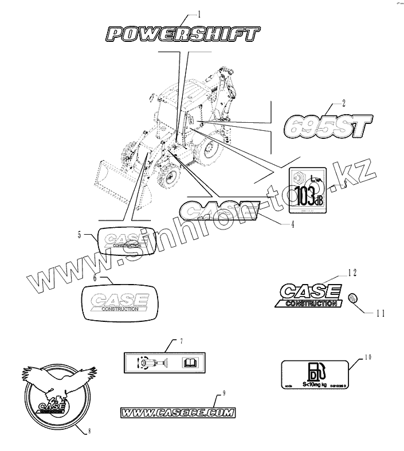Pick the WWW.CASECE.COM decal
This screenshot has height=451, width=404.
click(x=178, y=411)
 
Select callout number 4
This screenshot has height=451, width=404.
click(x=293, y=225)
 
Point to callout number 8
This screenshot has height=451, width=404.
click(x=90, y=431)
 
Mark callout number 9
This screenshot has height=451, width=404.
click(x=224, y=393)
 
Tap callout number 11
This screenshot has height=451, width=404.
click(x=379, y=313)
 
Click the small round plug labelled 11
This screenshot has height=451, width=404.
click(x=354, y=298)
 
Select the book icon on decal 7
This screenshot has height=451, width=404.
click(x=189, y=362)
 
